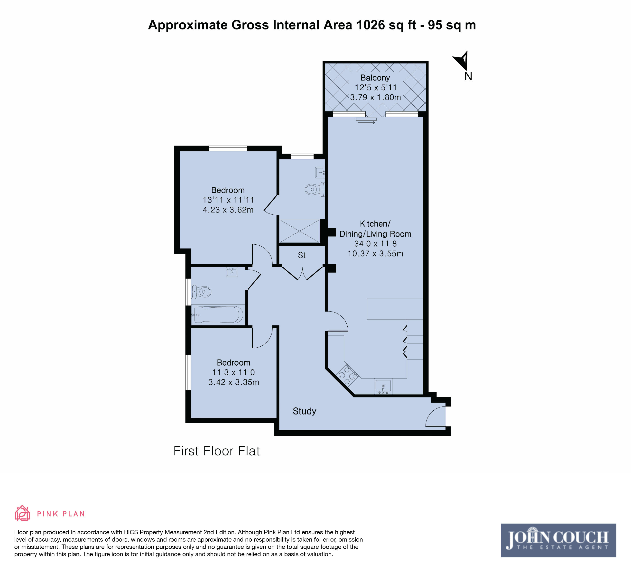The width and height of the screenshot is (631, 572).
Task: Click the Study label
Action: coord(304,411)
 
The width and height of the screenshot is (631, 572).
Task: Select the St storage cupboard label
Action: coord(302,255)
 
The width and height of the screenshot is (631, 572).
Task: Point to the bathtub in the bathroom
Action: coord(218,314)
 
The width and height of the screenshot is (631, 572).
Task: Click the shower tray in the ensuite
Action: coord(299,231)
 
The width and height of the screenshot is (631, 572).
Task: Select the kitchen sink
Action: coord(383,386)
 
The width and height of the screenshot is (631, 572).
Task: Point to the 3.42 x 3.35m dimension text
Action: coord(233,382)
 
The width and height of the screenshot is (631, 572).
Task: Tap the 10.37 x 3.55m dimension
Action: coord(375,253)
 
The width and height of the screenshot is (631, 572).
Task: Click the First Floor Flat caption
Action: coord(217,451)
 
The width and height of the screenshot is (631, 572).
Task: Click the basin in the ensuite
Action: coord(320,172)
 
